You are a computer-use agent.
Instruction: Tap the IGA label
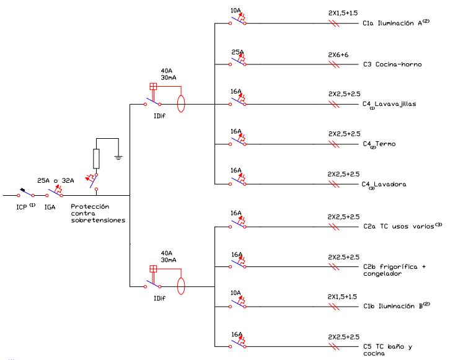[50, 206]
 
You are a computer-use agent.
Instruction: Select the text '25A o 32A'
[55, 180]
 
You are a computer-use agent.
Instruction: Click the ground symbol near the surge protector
[118, 157]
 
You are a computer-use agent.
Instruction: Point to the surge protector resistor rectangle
[96, 159]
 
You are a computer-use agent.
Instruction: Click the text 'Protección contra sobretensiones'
[98, 213]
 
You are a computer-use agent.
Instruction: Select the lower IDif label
[159, 298]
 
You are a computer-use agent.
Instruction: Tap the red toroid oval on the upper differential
[182, 104]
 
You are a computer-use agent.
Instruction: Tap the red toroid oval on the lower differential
[182, 286]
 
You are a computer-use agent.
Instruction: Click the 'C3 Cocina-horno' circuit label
[392, 64]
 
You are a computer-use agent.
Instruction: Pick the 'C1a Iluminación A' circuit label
[395, 24]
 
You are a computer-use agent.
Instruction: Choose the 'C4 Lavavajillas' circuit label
[389, 104]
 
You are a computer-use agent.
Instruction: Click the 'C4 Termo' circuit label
[379, 144]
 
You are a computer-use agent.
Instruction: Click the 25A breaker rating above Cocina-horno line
[237, 53]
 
